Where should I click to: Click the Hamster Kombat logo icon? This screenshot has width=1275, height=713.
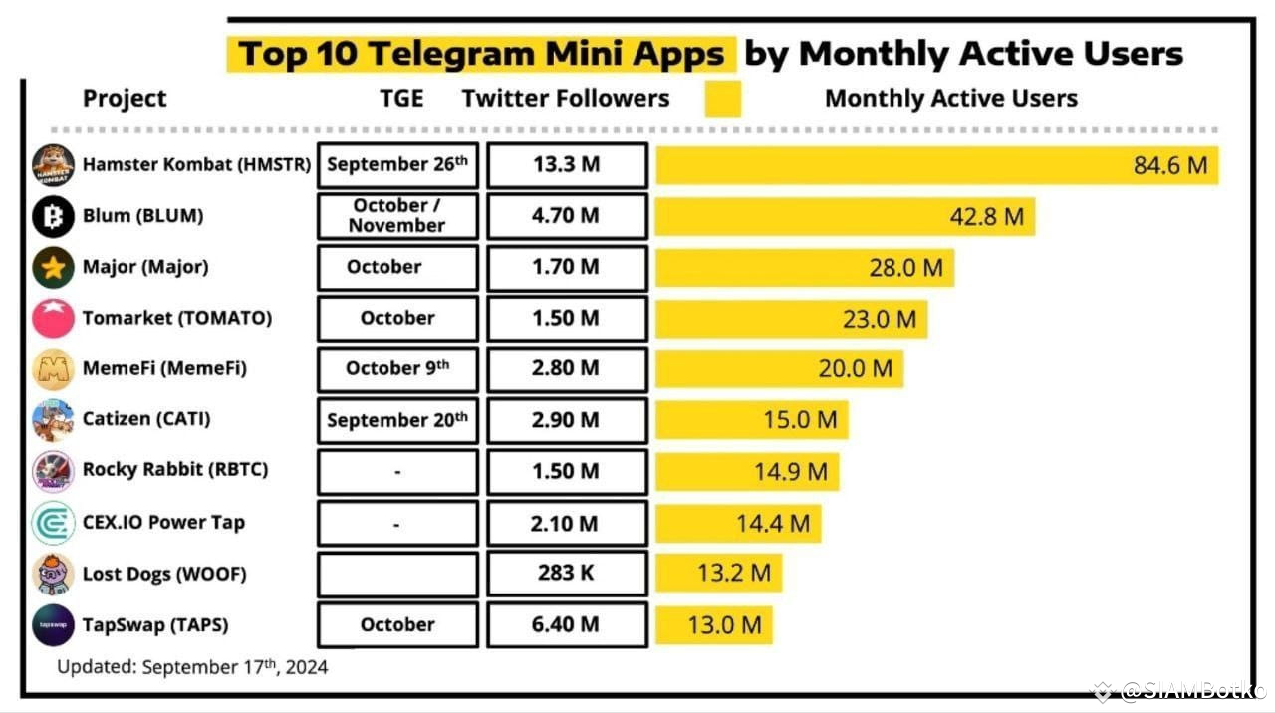pyautogui.click(x=53, y=165)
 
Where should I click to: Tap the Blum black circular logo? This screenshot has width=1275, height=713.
pyautogui.click(x=53, y=216)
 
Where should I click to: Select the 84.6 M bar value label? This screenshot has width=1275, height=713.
pyautogui.click(x=1170, y=165)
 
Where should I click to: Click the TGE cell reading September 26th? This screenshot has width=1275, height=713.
pyautogui.click(x=397, y=165)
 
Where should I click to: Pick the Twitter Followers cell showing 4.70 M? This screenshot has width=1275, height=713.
pyautogui.click(x=567, y=216)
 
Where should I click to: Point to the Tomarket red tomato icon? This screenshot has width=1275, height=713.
pyautogui.click(x=53, y=318)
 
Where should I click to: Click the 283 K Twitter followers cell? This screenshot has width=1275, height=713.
pyautogui.click(x=567, y=573)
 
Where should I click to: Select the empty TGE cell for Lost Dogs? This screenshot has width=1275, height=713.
pyautogui.click(x=397, y=573)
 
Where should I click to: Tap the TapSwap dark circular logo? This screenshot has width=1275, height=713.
pyautogui.click(x=53, y=624)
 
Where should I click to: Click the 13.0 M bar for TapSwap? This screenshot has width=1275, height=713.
pyautogui.click(x=714, y=624)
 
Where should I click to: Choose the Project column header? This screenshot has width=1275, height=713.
pyautogui.click(x=125, y=98)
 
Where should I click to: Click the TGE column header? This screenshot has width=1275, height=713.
pyautogui.click(x=401, y=98)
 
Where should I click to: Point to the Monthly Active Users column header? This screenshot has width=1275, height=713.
pyautogui.click(x=951, y=98)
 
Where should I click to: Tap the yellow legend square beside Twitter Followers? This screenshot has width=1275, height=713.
pyautogui.click(x=723, y=99)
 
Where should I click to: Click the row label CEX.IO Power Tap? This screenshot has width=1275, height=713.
pyautogui.click(x=164, y=522)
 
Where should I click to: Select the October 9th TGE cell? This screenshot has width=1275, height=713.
pyautogui.click(x=397, y=369)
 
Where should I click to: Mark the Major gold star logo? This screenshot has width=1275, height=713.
pyautogui.click(x=53, y=267)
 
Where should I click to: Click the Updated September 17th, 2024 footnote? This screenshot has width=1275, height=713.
pyautogui.click(x=192, y=666)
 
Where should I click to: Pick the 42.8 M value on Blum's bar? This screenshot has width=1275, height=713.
pyautogui.click(x=987, y=217)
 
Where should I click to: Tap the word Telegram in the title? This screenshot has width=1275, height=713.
pyautogui.click(x=452, y=54)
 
